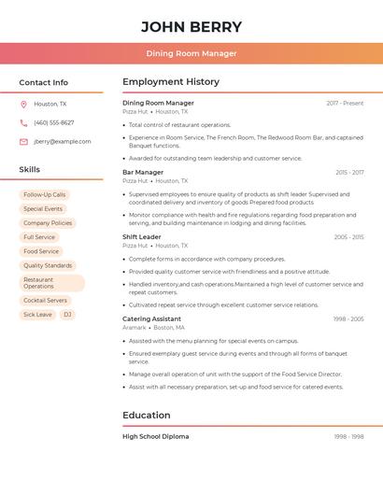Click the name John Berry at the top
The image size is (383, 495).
191,27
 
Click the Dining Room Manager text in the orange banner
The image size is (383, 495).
191,53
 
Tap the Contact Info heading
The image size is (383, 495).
43,82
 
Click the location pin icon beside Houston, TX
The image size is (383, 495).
23,105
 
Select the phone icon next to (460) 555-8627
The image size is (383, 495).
23,123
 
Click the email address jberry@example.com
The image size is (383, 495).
63,142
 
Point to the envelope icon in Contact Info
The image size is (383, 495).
23,142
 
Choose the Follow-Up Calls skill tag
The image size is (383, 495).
45,195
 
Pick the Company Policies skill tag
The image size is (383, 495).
48,223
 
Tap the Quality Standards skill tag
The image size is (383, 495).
48,265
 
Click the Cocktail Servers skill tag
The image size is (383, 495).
46,301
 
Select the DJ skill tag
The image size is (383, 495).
67,315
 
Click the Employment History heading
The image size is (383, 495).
171,82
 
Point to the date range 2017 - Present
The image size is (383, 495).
345,103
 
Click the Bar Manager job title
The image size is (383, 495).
143,172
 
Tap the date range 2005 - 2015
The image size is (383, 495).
348,237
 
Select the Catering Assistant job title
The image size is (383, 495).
151,318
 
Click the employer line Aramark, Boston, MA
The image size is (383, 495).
153,328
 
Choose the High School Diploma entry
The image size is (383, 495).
155,436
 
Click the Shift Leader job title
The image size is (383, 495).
142,237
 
